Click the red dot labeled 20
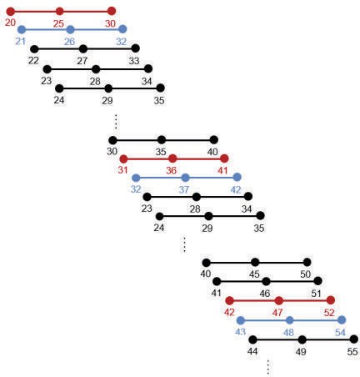[11, 12]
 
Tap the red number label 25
[58, 24]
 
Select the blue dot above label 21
[22, 29]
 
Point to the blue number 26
[69, 42]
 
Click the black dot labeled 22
[34, 49]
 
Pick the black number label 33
[134, 61]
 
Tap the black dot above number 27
[83, 49]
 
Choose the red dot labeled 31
[123, 159]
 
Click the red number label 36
[172, 171]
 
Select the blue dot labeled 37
[185, 178]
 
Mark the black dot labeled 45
[255, 262]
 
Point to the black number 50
[305, 274]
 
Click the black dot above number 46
[266, 281]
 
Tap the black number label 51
[316, 294]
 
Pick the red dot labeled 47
[279, 300]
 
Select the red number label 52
[329, 313]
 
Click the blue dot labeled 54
[342, 320]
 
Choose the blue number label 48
[289, 332]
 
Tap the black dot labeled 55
[354, 339]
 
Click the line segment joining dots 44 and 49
[277, 339]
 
